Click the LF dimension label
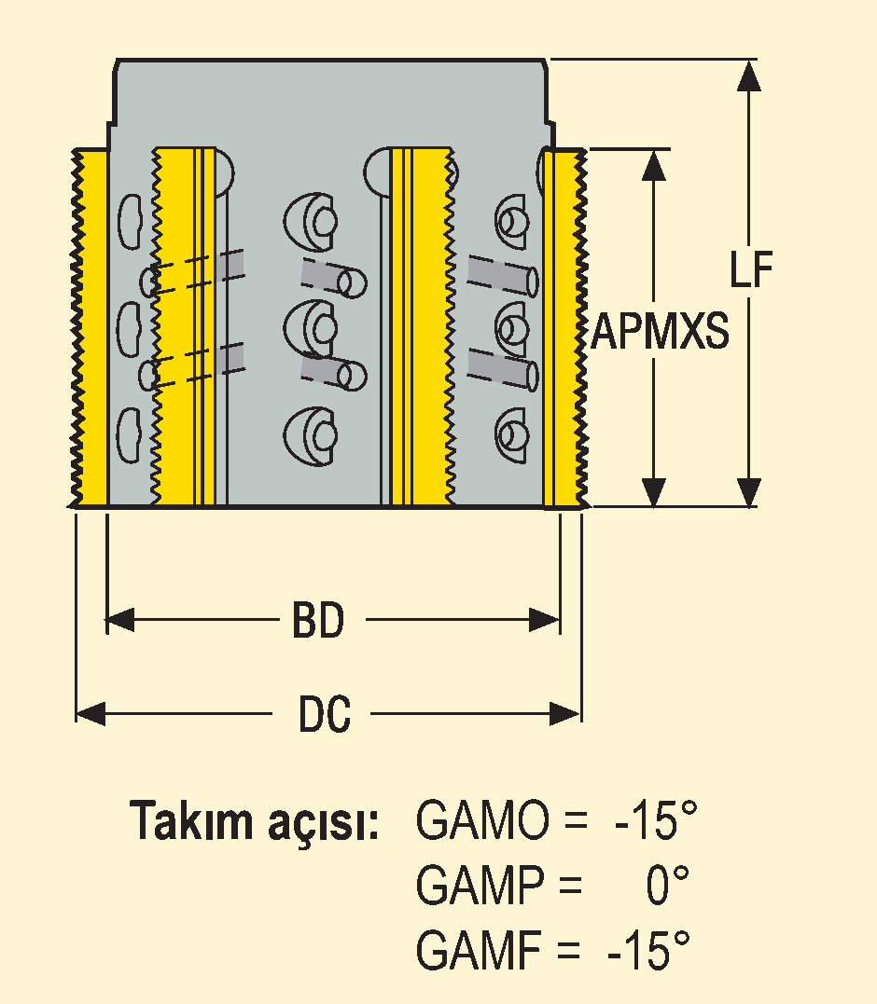point(751,268)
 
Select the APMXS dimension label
point(660,331)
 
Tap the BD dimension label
point(318,620)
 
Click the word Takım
point(191,820)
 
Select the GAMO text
point(482,820)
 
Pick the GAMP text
point(480,885)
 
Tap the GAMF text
point(479,949)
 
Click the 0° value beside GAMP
point(667,885)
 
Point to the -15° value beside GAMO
point(655,820)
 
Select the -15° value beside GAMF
point(649,949)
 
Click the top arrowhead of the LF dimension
point(748,76)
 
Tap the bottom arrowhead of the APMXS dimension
point(653,492)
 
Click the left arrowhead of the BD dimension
point(120,620)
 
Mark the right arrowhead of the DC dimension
point(565,713)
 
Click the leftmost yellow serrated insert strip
point(89,328)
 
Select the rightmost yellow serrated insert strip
point(565,328)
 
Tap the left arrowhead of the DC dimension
point(91,713)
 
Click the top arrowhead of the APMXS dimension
point(653,165)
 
